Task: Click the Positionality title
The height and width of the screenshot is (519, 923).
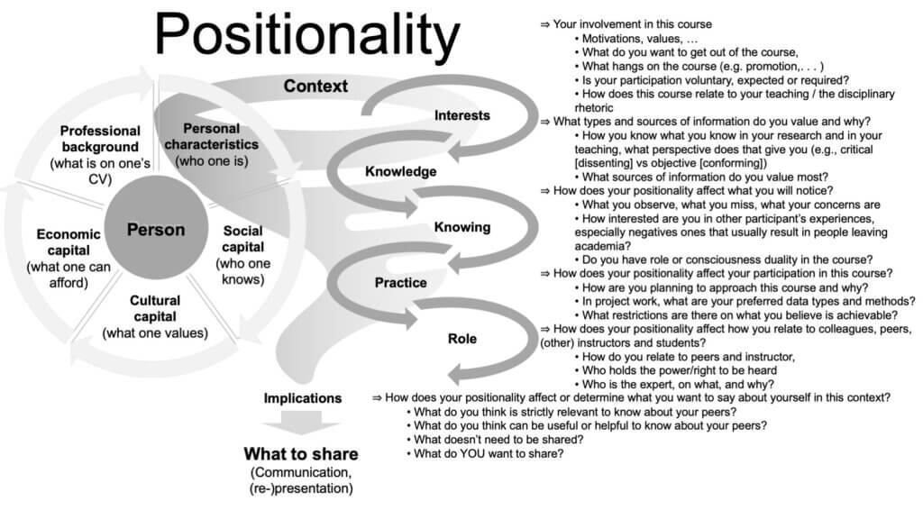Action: tap(306, 35)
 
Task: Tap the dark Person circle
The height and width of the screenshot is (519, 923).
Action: tap(156, 227)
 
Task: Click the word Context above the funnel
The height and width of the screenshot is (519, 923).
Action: tap(315, 86)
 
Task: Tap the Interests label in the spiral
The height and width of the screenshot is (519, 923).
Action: tap(462, 115)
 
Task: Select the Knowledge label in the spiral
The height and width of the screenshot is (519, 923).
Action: tap(401, 171)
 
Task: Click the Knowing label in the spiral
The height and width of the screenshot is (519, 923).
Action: tap(462, 227)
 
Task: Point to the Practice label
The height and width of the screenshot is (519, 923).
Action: tap(401, 282)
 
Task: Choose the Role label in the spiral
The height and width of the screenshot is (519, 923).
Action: tap(462, 339)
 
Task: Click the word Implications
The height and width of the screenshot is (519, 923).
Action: tap(303, 398)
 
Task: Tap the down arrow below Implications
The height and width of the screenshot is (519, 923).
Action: tap(301, 423)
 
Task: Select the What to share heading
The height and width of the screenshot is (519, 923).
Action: tap(301, 454)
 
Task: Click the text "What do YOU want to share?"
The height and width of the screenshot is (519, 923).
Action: tap(485, 454)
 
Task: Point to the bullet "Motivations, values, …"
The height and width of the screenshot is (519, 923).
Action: tap(636, 39)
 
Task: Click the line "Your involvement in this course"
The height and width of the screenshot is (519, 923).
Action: tap(626, 24)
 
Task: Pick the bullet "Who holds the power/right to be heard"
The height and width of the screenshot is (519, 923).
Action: tap(676, 370)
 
